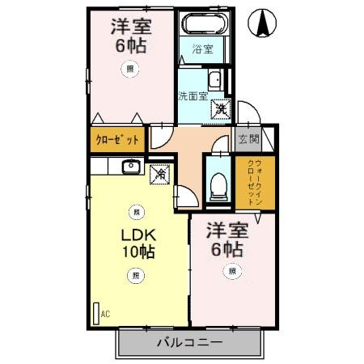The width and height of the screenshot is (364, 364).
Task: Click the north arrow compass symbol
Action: (264, 24)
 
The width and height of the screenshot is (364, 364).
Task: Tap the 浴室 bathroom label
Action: (202, 49)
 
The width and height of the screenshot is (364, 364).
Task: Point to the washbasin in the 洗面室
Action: (216, 80)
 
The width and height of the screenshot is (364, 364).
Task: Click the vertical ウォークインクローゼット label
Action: (254, 182)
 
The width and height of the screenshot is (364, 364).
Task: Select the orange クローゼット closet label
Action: (117, 139)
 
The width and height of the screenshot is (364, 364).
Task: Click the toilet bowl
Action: (217, 185)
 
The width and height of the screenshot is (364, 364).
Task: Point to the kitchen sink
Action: (131, 167)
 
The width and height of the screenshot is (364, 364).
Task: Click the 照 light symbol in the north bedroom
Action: (130, 70)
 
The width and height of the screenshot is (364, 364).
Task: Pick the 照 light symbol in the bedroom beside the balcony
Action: (232, 271)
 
